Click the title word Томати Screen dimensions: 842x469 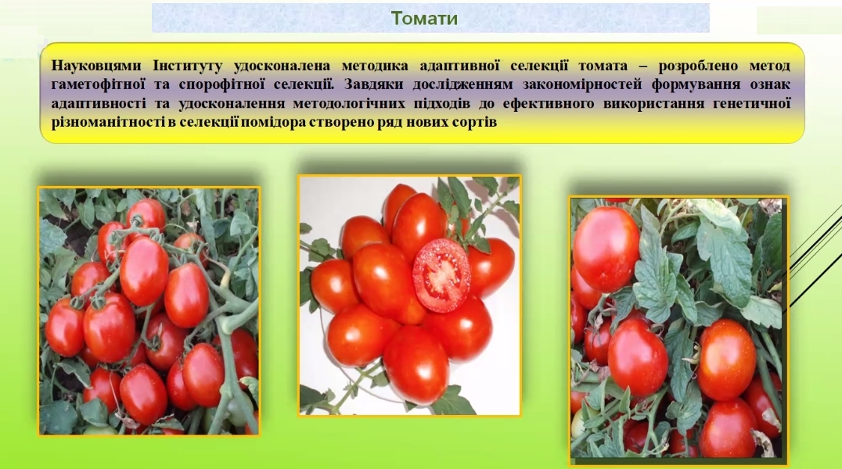(424, 18)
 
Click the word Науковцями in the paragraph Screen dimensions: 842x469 (96, 66)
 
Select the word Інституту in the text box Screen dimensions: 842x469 (187, 66)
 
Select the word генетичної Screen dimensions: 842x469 (752, 103)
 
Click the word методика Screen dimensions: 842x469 (375, 66)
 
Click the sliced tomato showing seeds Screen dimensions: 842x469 (441, 275)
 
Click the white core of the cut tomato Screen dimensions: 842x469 (442, 274)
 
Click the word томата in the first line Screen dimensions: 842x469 (603, 66)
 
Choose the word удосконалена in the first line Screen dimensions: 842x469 (282, 66)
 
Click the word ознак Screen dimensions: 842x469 (771, 84)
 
